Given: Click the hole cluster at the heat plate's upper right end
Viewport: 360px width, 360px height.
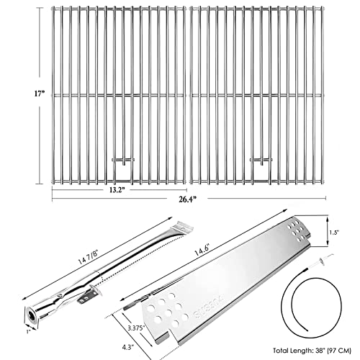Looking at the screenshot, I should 296,232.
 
